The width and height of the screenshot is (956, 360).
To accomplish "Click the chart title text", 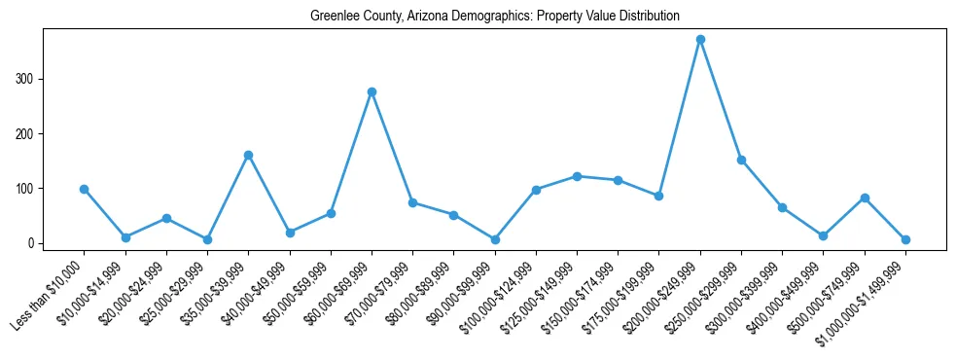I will [x=494, y=17].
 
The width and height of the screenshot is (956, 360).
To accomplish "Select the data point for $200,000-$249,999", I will [x=700, y=40].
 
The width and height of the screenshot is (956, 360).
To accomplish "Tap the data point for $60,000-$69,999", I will [x=372, y=91].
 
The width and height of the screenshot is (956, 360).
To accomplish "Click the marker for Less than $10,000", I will [x=85, y=189].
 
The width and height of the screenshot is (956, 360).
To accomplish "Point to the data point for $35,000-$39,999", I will [x=249, y=155].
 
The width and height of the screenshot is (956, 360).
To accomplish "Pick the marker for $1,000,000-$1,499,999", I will [x=905, y=239].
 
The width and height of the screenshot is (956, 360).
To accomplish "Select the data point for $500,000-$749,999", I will [x=865, y=198].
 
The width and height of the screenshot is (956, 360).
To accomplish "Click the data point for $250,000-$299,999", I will [x=741, y=160].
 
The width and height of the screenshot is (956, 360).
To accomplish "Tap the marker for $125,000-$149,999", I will [x=577, y=176].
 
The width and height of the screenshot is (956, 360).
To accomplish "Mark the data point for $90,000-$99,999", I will [x=495, y=239].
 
